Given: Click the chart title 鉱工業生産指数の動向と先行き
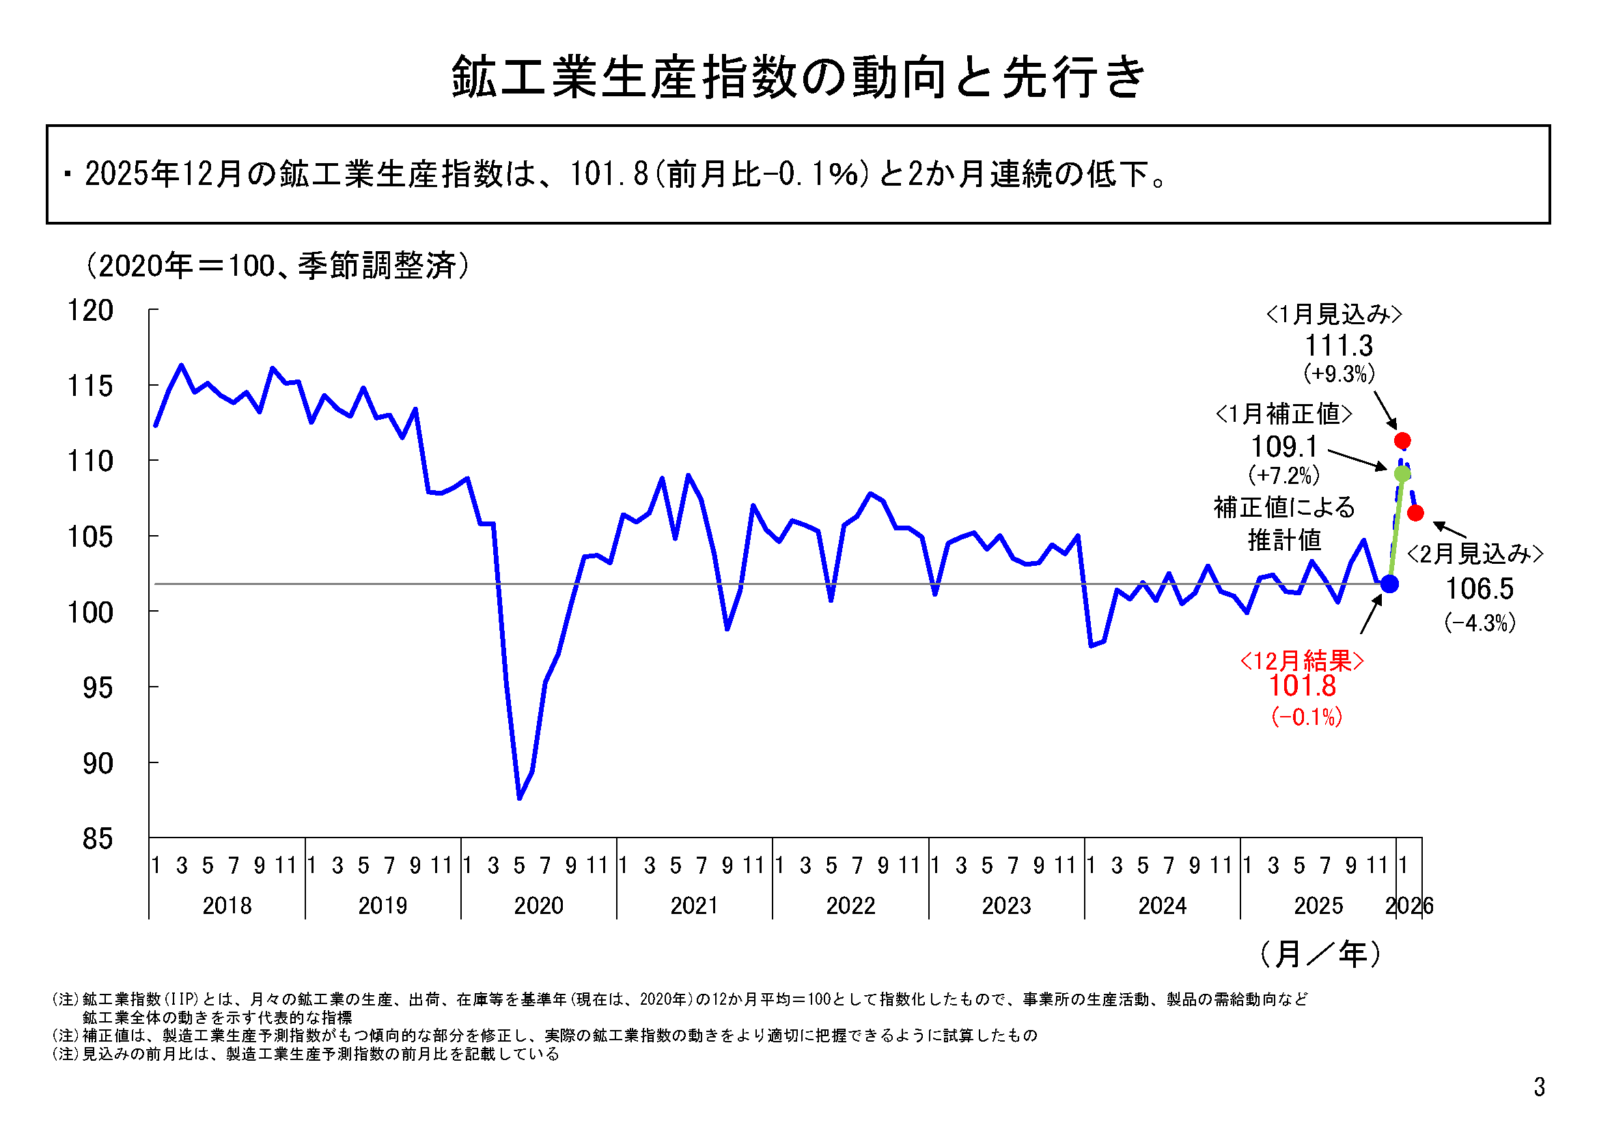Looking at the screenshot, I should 798,76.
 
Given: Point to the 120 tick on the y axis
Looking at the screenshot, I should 89,310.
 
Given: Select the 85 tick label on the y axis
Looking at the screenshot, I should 98,839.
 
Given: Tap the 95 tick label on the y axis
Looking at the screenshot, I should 98,688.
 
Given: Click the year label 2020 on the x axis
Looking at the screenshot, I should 538,905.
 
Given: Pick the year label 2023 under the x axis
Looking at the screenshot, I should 1005,905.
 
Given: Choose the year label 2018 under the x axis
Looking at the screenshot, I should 227,905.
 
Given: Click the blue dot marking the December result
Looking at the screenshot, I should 1389,584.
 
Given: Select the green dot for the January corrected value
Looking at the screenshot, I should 1402,474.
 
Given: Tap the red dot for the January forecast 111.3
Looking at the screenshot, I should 1402,441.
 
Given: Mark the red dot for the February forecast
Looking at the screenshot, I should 1415,513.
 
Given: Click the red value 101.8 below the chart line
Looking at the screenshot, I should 1302,686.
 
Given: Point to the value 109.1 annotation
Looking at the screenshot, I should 1284,446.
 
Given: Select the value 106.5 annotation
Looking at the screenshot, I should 1480,589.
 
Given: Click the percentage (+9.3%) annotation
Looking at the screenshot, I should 1339,374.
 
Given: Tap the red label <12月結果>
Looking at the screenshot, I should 1302,660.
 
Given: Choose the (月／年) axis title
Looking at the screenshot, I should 1320,954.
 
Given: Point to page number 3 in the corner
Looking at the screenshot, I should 1539,1087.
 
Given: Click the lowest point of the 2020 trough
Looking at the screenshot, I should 520,798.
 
